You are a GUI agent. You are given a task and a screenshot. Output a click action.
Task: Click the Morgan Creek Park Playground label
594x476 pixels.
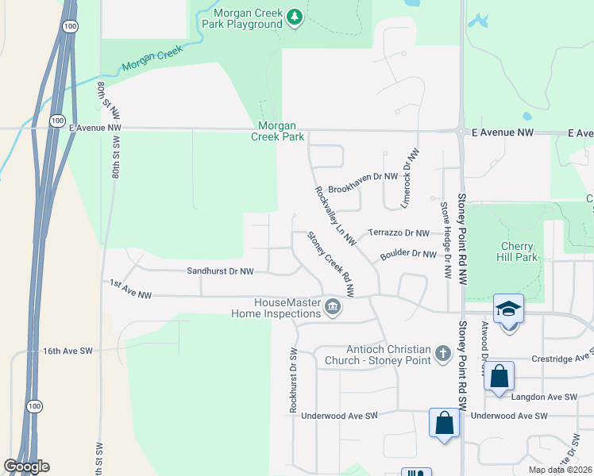click(x=247, y=18)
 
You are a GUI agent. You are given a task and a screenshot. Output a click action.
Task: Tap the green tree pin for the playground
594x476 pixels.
click(x=295, y=17)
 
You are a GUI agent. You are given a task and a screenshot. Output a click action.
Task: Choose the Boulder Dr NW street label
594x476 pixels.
click(x=408, y=255)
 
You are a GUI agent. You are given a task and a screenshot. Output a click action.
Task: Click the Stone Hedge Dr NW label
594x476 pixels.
click(x=445, y=240)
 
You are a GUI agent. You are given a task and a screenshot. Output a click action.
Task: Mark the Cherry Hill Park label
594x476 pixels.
click(x=519, y=251)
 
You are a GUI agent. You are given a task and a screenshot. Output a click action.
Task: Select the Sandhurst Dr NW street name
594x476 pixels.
click(x=220, y=271)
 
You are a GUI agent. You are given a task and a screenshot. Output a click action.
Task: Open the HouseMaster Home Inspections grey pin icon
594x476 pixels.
click(x=334, y=306)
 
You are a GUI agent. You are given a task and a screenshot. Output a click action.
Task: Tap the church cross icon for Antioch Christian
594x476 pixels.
click(x=443, y=354)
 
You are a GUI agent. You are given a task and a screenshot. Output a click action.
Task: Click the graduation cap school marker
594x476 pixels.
click(x=508, y=309)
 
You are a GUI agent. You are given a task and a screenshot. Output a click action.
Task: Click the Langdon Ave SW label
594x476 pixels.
click(x=545, y=397)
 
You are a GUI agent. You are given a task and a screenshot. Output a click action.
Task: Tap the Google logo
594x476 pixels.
click(x=26, y=466)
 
